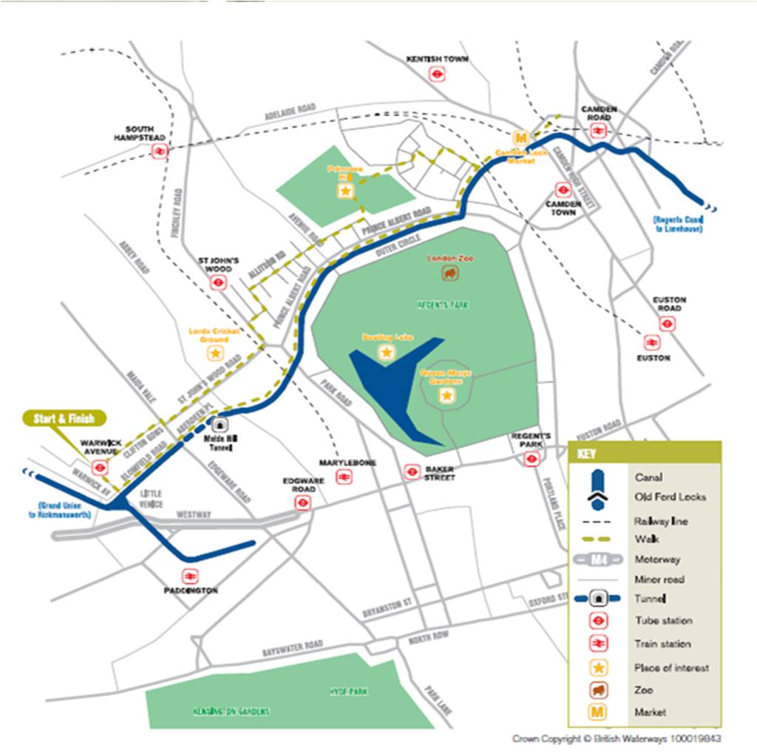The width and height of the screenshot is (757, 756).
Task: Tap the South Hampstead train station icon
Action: click(159, 151)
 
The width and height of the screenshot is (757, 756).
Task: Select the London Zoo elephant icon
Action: click(450, 273)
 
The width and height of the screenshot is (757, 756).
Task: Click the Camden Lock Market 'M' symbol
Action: click(521, 138)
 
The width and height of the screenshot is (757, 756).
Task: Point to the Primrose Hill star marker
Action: click(344, 191)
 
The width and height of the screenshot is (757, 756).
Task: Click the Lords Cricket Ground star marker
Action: click(215, 353)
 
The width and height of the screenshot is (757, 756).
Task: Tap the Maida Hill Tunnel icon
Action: click(220, 425)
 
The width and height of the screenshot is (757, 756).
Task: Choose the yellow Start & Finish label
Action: click(63, 418)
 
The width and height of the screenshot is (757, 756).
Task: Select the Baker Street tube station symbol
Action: click(411, 471)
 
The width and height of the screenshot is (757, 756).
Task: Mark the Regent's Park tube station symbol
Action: click(530, 459)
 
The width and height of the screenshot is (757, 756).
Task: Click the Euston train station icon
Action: click(651, 342)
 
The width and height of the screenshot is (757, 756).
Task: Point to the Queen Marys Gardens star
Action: click(447, 396)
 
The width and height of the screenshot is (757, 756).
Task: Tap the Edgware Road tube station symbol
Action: click(302, 503)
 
